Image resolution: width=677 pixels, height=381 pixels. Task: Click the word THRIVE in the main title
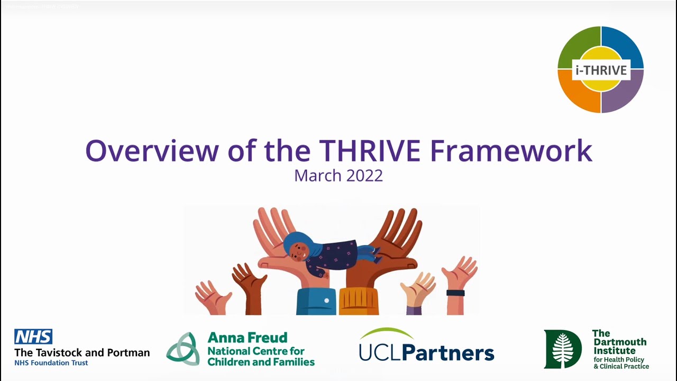tap(378, 150)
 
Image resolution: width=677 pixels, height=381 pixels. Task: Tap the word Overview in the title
tap(151, 150)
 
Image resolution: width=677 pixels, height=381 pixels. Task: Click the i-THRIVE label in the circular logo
tap(601, 70)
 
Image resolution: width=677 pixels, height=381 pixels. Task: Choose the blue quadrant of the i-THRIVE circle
tap(626, 46)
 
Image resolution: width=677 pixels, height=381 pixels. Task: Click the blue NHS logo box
tap(33, 337)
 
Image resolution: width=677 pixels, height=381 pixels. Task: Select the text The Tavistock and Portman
tap(82, 352)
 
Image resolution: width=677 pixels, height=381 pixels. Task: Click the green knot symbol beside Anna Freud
tap(183, 349)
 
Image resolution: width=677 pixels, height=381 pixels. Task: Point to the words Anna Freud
tap(248, 338)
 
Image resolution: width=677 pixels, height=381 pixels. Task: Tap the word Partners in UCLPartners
tap(453, 353)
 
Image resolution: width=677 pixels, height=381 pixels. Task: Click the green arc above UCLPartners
tap(387, 333)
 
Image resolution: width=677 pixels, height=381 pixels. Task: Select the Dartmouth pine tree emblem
tap(563, 349)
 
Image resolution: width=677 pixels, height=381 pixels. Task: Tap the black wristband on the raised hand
tap(455, 293)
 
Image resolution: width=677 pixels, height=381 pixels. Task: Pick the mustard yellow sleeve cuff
tap(359, 302)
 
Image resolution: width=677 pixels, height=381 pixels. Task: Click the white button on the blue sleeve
tap(326, 301)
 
